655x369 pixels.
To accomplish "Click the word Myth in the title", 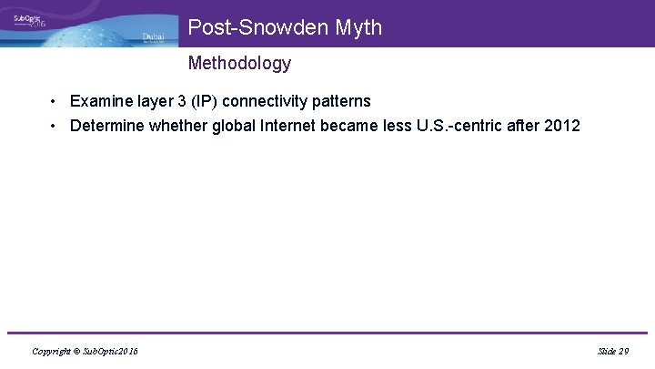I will click(358, 28).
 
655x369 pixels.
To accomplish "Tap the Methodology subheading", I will click(239, 63).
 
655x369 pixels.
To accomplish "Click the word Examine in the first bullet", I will click(102, 101).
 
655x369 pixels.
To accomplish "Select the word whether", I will click(180, 126).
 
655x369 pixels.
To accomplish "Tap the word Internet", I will click(288, 126).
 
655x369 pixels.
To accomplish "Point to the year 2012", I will click(560, 126).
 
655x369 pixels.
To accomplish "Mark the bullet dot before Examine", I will click(55, 101).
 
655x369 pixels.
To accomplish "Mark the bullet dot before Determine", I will click(55, 126).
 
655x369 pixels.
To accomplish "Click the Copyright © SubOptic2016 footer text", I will click(85, 351).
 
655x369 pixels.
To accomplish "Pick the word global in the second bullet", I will click(233, 126).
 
